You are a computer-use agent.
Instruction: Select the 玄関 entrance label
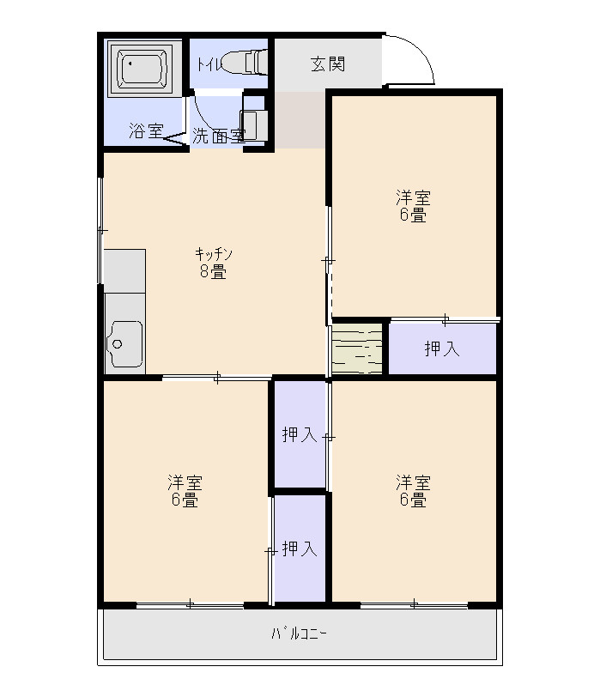[328, 64]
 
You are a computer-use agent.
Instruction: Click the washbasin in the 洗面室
[253, 124]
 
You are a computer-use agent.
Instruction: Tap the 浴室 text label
[146, 130]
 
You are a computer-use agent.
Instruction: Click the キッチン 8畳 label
[214, 263]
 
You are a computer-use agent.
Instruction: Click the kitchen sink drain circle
[118, 344]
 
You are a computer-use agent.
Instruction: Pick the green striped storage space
[357, 348]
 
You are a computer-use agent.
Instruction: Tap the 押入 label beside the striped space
[442, 348]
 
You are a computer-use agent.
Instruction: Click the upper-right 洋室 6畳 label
[414, 206]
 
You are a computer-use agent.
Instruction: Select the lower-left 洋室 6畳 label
[185, 491]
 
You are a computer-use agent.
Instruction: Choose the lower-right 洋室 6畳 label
[414, 491]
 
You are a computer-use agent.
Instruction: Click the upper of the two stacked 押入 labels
[300, 434]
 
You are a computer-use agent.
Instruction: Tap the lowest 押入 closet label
[300, 549]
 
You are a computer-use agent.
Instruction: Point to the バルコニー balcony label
[299, 633]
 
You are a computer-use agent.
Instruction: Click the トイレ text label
[208, 65]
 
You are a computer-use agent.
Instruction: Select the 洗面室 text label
[219, 136]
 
